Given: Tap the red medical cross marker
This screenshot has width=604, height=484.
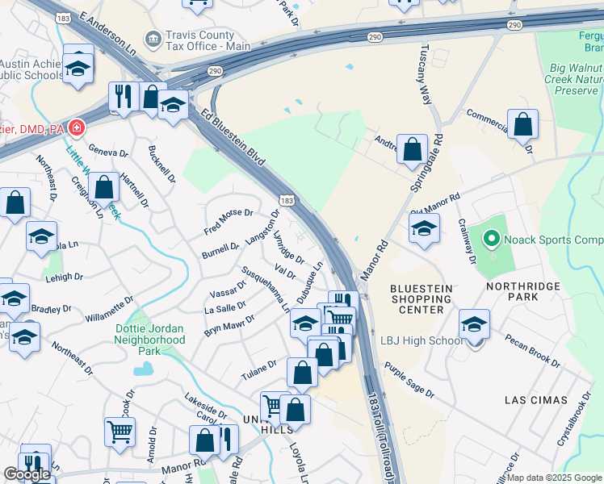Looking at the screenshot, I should point(76,127).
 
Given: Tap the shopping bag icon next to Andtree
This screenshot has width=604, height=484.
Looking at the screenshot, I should point(413,149).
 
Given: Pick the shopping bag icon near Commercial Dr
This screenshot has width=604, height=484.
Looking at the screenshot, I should point(523,124).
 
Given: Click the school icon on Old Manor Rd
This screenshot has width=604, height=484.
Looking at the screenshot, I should point(424,228).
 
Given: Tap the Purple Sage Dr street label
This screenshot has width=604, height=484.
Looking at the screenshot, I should point(409,380).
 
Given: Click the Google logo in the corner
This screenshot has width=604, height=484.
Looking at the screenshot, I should point(27,474).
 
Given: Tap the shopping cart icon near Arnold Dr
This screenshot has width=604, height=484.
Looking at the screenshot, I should point(120,431).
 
